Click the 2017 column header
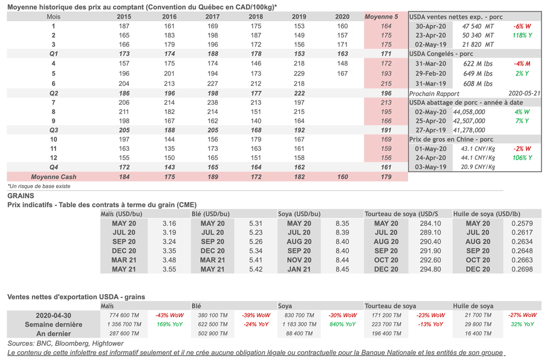coord(212,17)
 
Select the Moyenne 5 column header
coord(386,17)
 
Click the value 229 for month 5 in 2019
coord(299,73)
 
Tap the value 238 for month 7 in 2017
coord(212,103)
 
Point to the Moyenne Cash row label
coord(54,177)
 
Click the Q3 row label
coord(54,130)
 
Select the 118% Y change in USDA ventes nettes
coord(522,35)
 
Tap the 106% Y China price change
coord(522,158)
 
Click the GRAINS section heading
coord(21,195)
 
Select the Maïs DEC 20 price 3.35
coord(169,251)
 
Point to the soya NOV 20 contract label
coord(299,260)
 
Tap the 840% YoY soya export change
coord(343,324)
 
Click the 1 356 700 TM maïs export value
coord(124,324)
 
